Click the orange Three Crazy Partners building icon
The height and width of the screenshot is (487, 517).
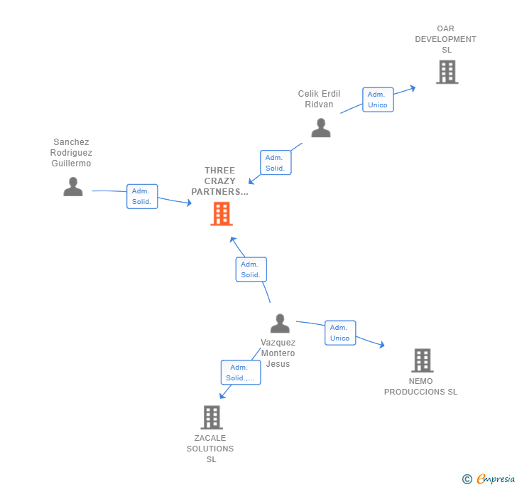(x=222, y=213)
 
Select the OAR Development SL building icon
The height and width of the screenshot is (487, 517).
(x=447, y=72)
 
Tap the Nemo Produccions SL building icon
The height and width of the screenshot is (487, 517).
(x=422, y=360)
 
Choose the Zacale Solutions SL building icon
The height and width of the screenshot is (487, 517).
(x=212, y=417)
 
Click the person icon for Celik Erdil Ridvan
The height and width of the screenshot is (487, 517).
(x=321, y=128)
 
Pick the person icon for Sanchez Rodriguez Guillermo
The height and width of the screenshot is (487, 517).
(x=73, y=186)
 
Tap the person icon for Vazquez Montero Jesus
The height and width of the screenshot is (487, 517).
(x=280, y=323)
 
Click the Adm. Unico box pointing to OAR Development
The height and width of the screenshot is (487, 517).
(x=377, y=100)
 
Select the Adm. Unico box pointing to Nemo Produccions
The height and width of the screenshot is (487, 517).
(x=339, y=333)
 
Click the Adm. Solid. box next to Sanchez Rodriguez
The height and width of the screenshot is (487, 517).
(x=142, y=196)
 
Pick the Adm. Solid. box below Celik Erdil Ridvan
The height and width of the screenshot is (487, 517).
(x=276, y=163)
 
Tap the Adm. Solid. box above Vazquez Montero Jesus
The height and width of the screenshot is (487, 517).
(x=251, y=269)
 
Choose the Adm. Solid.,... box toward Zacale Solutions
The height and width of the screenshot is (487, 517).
(x=240, y=373)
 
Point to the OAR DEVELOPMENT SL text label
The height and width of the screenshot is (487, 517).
(x=446, y=39)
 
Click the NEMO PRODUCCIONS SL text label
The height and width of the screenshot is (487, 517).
(x=421, y=387)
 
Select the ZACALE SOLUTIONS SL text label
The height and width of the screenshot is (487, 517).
(x=211, y=449)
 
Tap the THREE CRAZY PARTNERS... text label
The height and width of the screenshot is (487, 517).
(x=220, y=181)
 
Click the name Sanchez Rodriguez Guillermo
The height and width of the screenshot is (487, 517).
(x=71, y=153)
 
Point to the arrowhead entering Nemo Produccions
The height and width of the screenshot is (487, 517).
(x=381, y=346)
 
